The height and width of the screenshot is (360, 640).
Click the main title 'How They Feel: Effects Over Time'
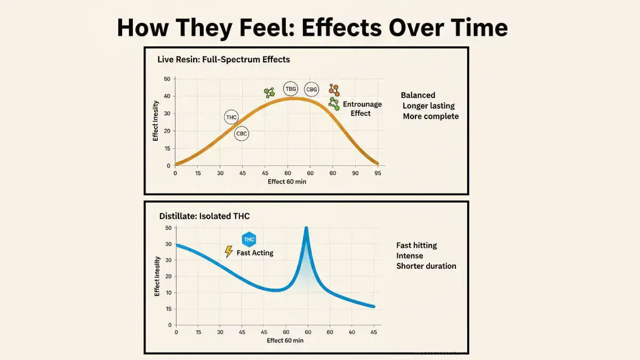tap(312, 28)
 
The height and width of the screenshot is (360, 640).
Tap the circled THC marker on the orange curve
tap(231, 117)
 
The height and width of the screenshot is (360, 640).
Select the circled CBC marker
tap(242, 133)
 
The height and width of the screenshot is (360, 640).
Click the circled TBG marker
tap(291, 89)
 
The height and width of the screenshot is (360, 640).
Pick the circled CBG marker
tap(311, 90)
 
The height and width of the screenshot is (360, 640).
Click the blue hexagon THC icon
tap(249, 239)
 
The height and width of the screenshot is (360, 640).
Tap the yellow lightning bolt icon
tap(229, 252)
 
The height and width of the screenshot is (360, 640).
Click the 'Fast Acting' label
tap(255, 253)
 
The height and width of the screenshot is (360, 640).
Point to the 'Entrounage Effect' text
tap(362, 108)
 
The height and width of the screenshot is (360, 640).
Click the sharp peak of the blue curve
tap(306, 229)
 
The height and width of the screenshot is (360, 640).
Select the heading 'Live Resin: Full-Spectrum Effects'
tap(223, 59)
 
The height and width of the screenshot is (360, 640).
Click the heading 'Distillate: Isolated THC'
tap(204, 216)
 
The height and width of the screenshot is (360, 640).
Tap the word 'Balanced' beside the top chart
tap(418, 95)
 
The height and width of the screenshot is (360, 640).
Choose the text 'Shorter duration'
tap(426, 266)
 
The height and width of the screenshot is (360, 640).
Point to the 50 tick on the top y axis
tap(167, 79)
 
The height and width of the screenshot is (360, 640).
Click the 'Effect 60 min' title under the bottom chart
tap(285, 340)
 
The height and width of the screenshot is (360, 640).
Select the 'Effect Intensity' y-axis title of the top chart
tap(156, 121)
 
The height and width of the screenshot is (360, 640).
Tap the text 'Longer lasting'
tap(428, 106)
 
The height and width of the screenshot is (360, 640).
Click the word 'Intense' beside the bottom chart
tap(410, 255)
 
